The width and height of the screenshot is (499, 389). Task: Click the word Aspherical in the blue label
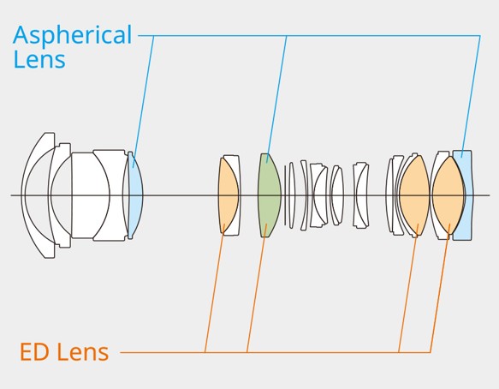[x=72, y=36]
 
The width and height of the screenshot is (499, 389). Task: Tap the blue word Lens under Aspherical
[x=39, y=59]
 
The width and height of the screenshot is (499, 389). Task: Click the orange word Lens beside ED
[x=82, y=351]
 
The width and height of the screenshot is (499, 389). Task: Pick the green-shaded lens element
[x=270, y=195]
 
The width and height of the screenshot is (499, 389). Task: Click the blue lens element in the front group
[x=135, y=195]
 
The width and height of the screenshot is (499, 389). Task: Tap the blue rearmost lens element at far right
[x=463, y=195]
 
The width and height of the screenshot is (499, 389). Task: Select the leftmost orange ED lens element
[x=228, y=195]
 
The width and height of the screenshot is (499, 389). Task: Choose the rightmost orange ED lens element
[x=449, y=195]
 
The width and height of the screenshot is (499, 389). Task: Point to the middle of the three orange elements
[x=414, y=195]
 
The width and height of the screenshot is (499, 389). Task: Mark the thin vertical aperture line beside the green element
[x=285, y=195]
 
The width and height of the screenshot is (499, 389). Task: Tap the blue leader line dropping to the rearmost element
[x=471, y=96]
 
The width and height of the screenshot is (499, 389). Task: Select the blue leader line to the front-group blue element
[x=144, y=102]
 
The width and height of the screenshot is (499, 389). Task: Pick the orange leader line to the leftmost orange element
[x=215, y=288]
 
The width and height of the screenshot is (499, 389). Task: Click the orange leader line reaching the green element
[x=257, y=288]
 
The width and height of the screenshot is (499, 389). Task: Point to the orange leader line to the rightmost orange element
[x=440, y=288]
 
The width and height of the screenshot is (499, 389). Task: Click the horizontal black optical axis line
[x=250, y=195]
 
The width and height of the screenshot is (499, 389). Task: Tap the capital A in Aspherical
[x=22, y=34]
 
